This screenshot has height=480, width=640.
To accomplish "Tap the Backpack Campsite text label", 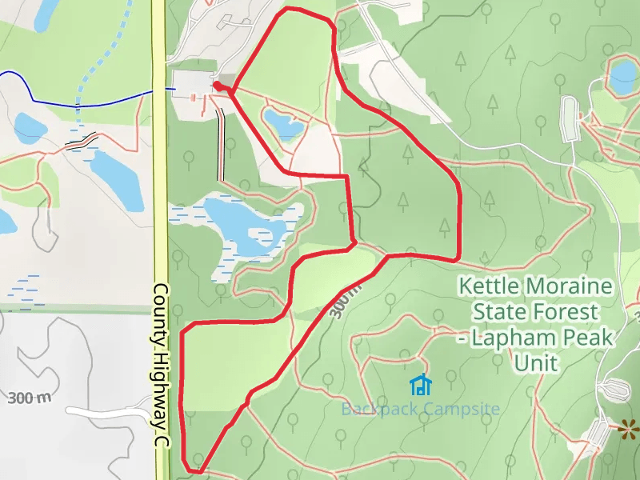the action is click(x=420, y=410).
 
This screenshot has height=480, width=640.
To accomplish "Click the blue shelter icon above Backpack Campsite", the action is click(x=421, y=386).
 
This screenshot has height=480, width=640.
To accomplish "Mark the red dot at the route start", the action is click(x=217, y=84).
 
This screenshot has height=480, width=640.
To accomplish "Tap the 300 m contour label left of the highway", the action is click(x=30, y=398).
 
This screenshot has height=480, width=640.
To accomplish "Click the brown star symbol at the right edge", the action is click(x=629, y=430).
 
